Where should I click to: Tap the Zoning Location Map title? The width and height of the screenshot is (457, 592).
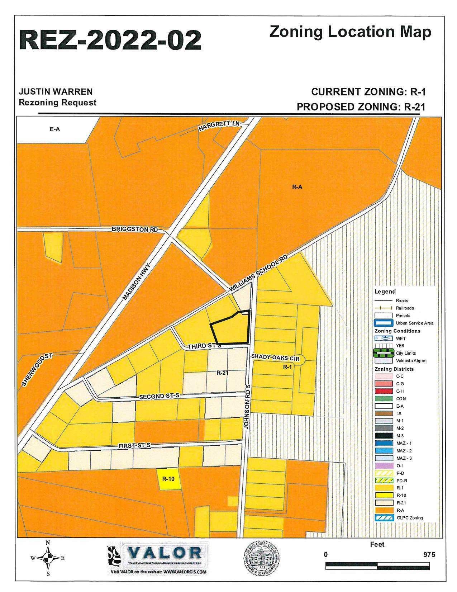point(350,32)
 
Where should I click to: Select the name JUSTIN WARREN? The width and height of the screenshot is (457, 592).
point(56,92)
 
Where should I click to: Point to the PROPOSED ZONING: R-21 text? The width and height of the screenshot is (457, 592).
point(361,107)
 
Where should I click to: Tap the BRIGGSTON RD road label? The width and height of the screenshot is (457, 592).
point(134,229)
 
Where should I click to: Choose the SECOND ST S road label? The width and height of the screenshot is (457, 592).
point(159,396)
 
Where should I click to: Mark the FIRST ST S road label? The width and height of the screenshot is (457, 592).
point(134,445)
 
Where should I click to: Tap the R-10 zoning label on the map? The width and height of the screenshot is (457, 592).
point(168,478)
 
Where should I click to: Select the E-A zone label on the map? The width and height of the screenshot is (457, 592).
point(55,129)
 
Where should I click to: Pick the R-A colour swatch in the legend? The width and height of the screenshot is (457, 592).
point(384,510)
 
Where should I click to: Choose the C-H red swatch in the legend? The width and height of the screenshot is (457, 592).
point(384,391)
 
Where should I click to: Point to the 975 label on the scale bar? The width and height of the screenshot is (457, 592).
point(429,555)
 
